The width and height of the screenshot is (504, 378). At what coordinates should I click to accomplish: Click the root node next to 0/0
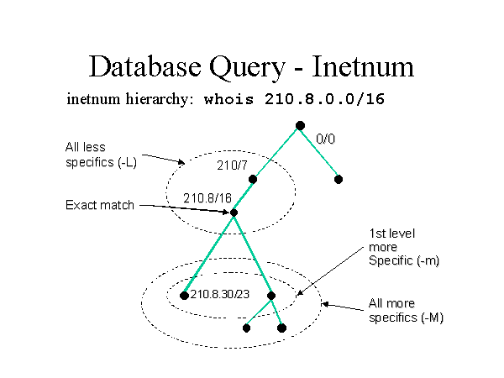[x=300, y=126]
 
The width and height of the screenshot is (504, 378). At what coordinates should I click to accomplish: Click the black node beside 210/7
[x=252, y=178]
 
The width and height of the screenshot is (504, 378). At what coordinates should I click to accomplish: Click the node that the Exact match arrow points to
[x=234, y=213]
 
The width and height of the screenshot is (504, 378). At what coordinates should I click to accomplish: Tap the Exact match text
[x=100, y=205]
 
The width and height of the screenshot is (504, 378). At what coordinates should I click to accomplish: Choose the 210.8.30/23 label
[x=219, y=294]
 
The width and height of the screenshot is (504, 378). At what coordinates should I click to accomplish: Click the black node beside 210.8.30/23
[x=184, y=295]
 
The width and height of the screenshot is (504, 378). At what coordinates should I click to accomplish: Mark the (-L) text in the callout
[x=126, y=161]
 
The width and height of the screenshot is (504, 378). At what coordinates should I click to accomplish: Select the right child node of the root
[x=338, y=178]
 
